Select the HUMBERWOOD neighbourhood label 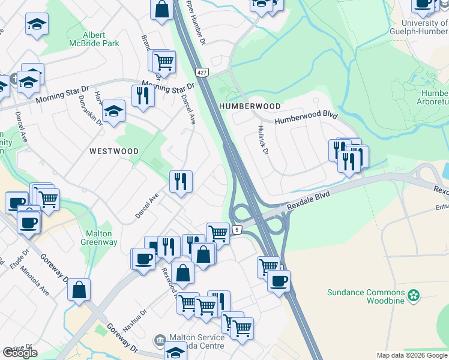tap(250, 106)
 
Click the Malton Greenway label tap(98, 238)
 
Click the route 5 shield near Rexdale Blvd tap(238, 229)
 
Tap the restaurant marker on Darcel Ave tap(181, 181)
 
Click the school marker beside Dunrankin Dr tap(113, 110)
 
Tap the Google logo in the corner tap(20, 353)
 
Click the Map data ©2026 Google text tap(412, 355)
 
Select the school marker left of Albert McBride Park tap(37, 24)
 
